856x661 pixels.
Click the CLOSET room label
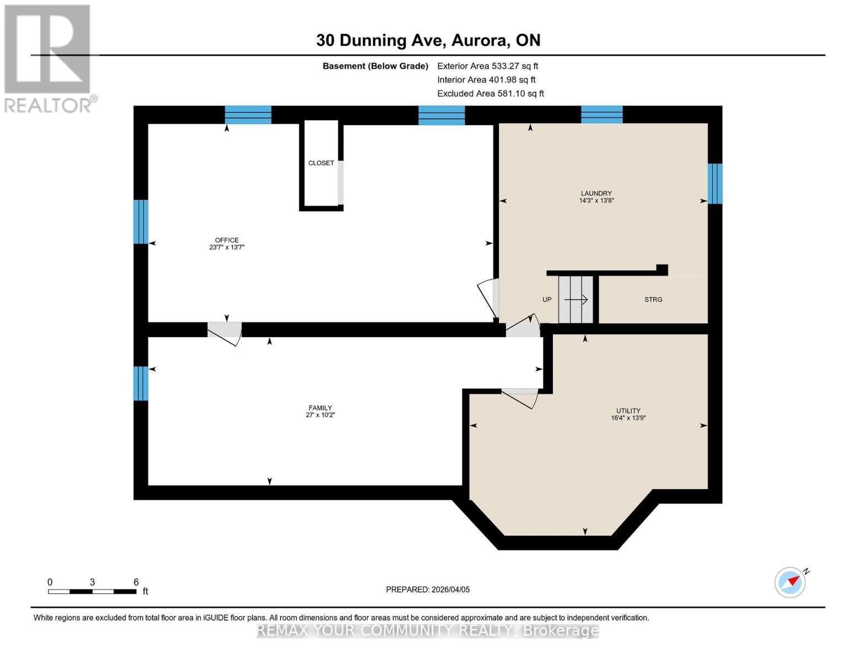click(321, 163)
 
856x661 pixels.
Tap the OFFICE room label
click(227, 240)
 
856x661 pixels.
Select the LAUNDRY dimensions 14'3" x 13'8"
click(596, 201)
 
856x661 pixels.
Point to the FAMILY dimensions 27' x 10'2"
click(320, 415)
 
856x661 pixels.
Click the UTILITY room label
click(628, 410)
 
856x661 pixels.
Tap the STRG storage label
click(653, 300)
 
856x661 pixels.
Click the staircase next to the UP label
click(575, 300)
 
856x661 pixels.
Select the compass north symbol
click(790, 582)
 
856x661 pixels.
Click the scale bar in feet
click(92, 591)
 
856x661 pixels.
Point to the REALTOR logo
click(49, 58)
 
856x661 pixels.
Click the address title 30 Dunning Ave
click(428, 40)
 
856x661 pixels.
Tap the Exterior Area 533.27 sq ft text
click(487, 66)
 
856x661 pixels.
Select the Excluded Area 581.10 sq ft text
click(490, 94)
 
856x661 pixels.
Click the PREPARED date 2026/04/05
click(428, 589)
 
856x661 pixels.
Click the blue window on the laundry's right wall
click(714, 183)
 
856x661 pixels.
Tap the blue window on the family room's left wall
click(141, 383)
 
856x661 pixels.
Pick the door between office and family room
click(224, 330)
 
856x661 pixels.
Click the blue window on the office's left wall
click(141, 221)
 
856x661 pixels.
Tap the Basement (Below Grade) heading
click(375, 66)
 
